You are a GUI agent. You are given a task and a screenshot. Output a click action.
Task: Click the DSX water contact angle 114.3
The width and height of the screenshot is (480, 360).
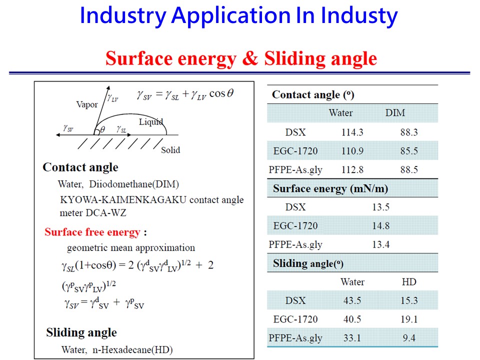352,132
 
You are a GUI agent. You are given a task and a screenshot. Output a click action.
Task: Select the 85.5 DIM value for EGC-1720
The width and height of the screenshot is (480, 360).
409,151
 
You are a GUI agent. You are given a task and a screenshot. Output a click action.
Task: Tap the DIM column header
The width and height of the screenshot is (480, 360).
395,112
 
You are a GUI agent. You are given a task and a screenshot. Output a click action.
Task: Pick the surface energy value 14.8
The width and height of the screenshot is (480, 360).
381,225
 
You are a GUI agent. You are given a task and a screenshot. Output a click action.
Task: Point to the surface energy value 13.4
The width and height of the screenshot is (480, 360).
381,244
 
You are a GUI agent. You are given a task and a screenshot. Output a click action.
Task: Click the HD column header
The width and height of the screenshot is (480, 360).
409,281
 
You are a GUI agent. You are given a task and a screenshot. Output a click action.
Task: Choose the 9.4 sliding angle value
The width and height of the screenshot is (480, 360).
409,338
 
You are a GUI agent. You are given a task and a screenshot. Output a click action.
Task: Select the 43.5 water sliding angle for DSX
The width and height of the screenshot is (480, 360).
352,300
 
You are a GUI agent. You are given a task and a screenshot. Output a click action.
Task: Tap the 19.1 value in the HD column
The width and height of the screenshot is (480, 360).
409,319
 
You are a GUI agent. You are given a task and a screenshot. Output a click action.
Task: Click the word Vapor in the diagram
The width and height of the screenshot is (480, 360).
87,104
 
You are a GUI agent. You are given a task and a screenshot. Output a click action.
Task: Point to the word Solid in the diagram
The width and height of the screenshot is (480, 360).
170,150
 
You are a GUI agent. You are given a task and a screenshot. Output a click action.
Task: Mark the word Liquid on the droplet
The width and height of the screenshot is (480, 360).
151,122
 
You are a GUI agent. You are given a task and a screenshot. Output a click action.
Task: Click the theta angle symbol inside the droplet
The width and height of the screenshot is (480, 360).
102,130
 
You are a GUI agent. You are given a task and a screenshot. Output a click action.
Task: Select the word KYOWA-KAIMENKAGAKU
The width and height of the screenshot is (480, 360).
123,199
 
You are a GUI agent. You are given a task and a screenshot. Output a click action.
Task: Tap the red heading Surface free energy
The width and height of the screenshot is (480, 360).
92,232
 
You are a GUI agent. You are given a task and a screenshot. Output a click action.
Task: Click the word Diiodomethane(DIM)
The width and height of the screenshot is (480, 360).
134,184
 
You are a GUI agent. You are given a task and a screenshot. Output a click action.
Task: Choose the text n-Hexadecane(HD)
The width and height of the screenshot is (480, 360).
132,349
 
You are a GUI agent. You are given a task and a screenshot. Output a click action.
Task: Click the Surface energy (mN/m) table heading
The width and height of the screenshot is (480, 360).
330,188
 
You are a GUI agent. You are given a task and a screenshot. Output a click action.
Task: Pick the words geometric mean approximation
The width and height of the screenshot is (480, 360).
131,247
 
